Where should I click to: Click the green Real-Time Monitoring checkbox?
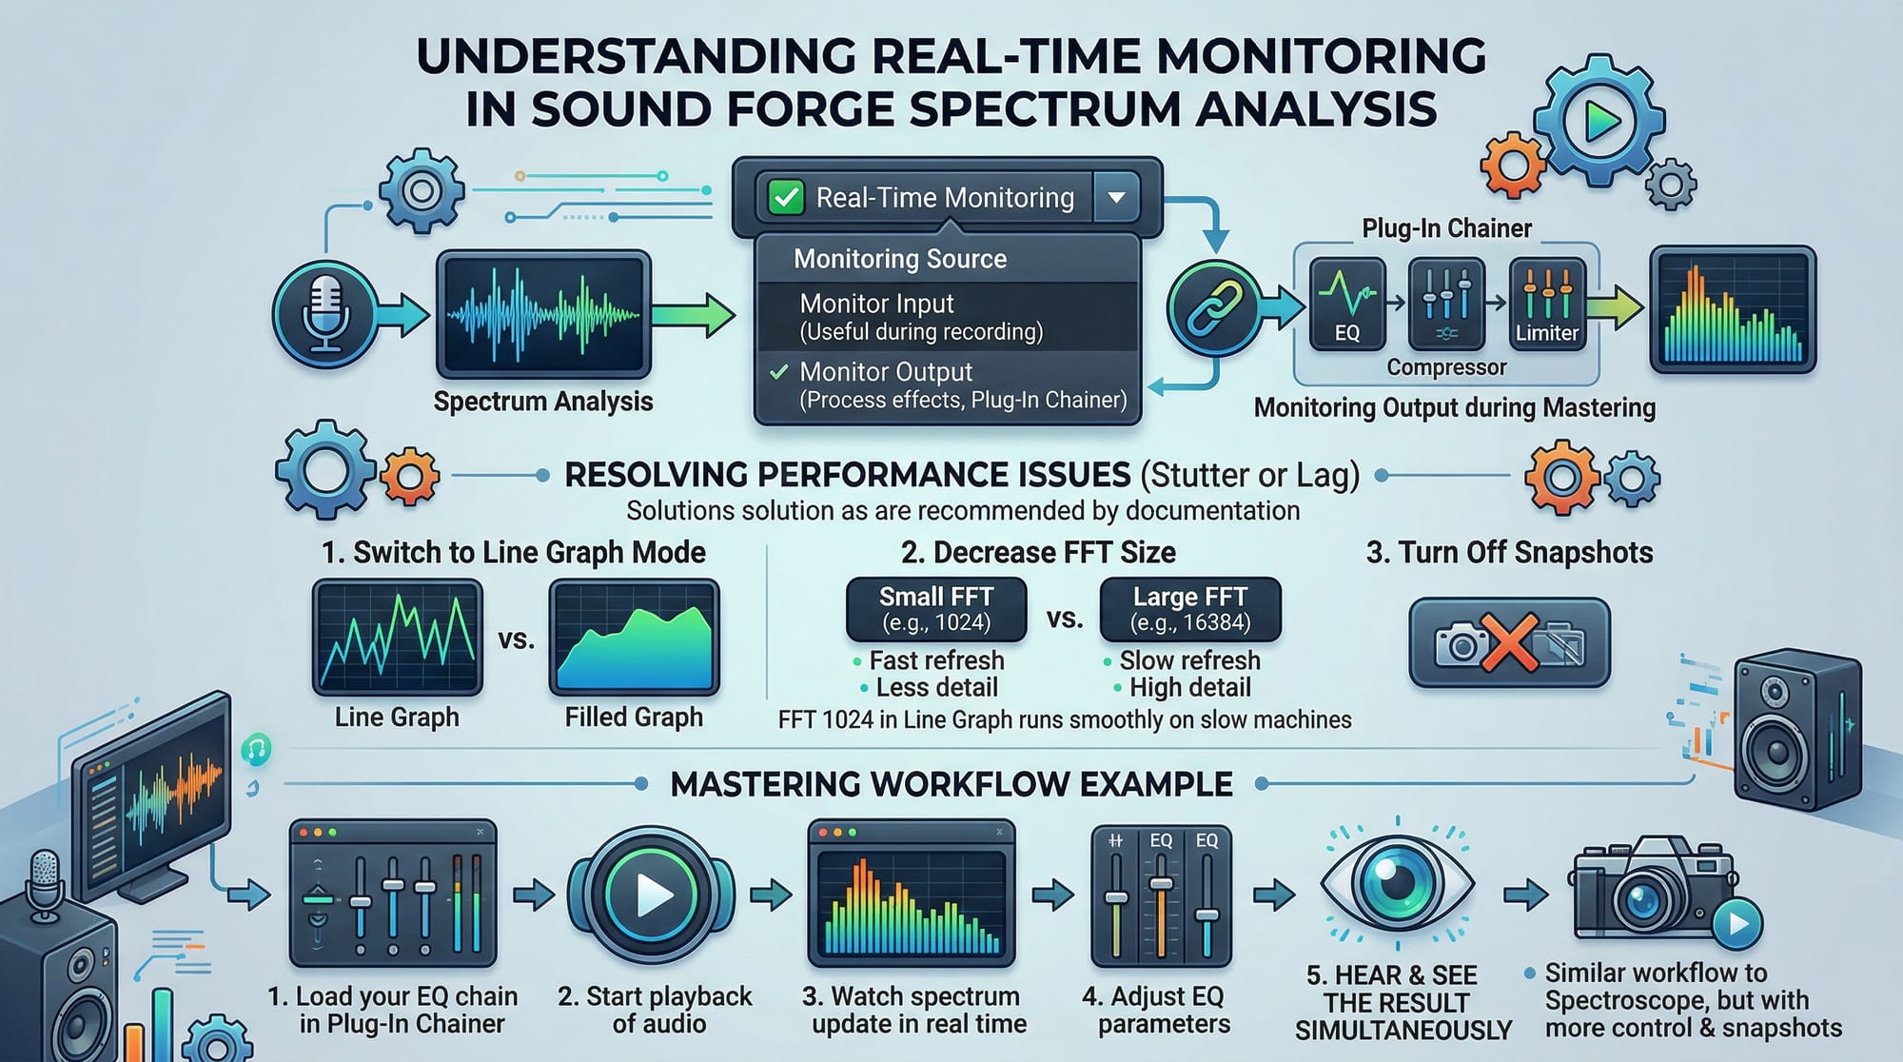click(786, 198)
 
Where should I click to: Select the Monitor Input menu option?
click(921, 317)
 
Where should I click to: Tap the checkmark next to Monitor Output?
click(779, 372)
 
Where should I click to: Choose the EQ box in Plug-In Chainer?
click(1346, 303)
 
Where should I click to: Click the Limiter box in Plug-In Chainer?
click(1547, 303)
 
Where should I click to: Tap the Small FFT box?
click(936, 609)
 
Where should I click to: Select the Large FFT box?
click(1190, 609)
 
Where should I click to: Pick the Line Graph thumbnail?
click(397, 638)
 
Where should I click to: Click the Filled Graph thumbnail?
click(634, 638)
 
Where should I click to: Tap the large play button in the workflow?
click(652, 895)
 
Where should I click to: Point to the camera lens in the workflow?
click(1643, 898)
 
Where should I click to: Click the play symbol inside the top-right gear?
click(1602, 121)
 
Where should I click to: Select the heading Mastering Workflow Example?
click(951, 784)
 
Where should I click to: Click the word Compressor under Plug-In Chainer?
click(1446, 367)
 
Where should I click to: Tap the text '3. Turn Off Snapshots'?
click(1509, 552)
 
